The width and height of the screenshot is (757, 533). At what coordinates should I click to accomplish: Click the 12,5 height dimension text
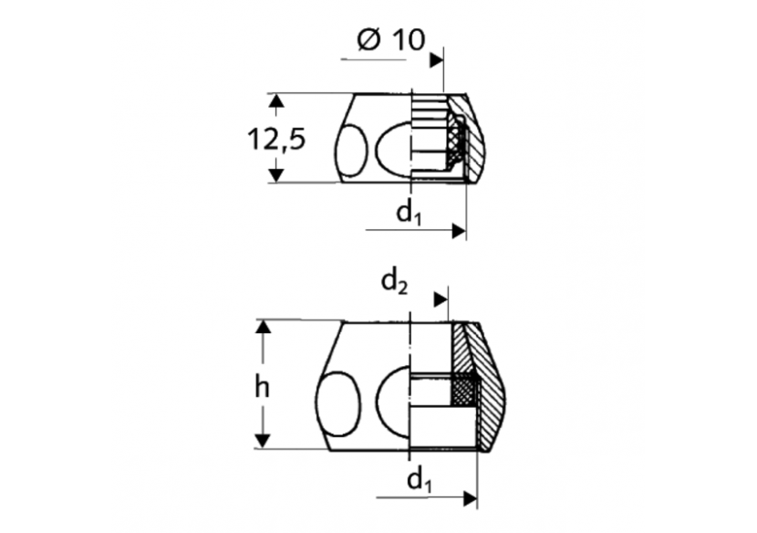click(x=276, y=139)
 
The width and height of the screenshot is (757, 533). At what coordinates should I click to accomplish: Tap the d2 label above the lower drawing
click(x=394, y=282)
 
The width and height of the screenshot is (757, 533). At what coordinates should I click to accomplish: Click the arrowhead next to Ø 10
click(x=437, y=60)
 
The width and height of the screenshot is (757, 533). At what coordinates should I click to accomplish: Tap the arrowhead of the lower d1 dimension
click(x=470, y=498)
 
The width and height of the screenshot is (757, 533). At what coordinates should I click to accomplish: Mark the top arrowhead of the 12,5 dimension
click(x=274, y=101)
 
